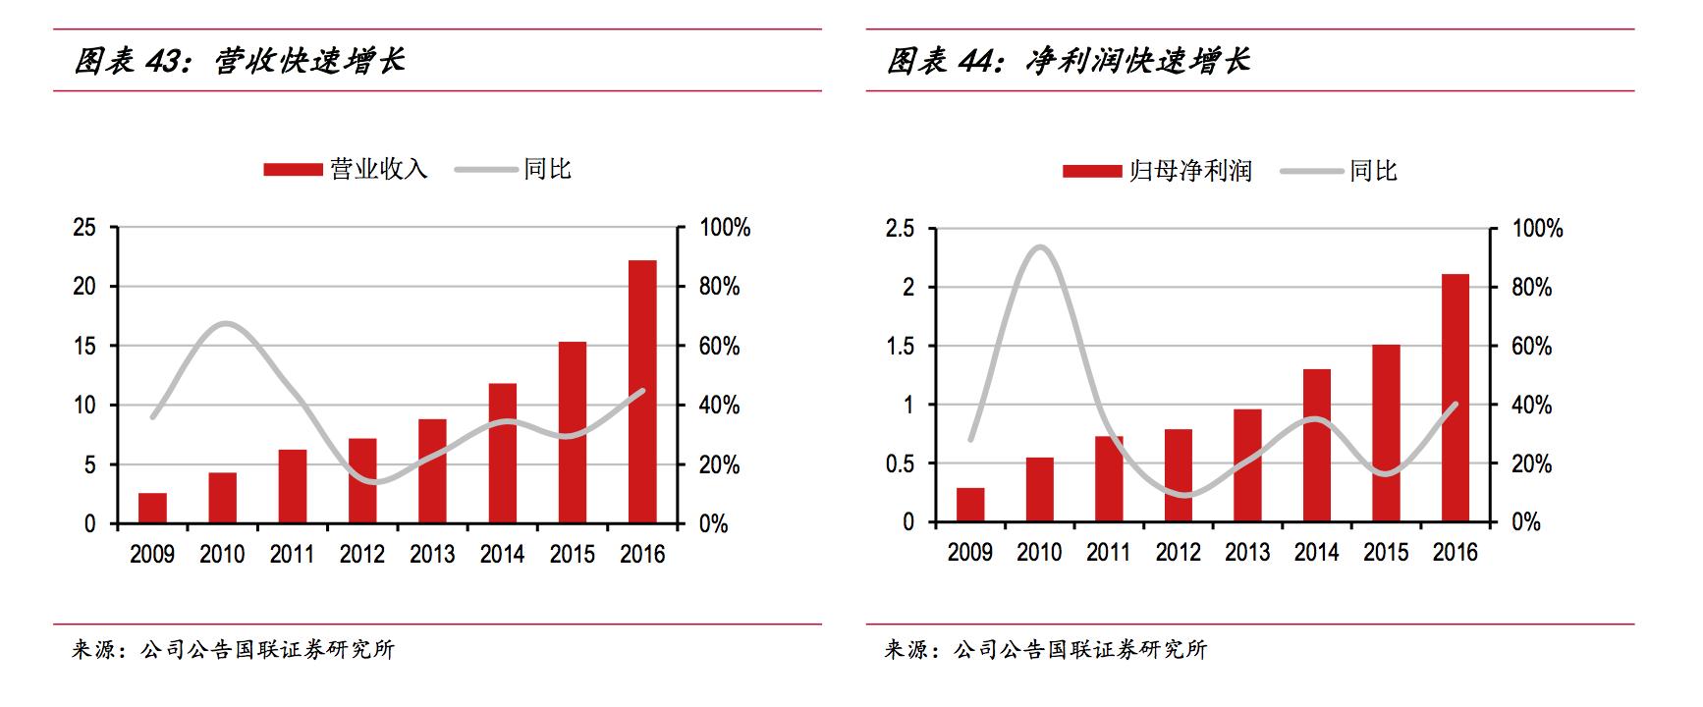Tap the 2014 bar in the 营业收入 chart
[x=502, y=453]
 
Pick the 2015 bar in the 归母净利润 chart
[x=1386, y=433]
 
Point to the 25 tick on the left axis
[x=84, y=228]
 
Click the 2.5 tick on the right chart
[x=899, y=229]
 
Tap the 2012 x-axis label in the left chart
[x=361, y=555]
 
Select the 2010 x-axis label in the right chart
[x=1039, y=553]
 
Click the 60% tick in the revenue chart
[x=719, y=347]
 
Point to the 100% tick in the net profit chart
[x=1537, y=229]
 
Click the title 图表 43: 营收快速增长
[x=240, y=61]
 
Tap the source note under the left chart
[x=233, y=650]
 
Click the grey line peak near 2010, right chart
[x=1041, y=246]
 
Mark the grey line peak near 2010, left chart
[x=226, y=323]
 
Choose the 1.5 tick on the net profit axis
[x=899, y=347]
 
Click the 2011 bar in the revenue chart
[x=292, y=486]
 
